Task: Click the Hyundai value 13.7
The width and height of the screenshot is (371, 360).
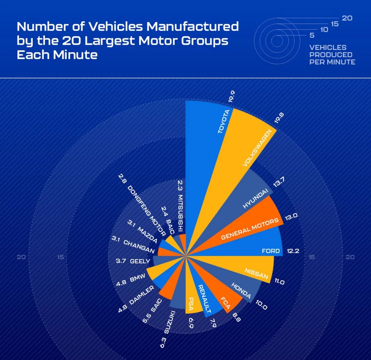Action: click(278, 182)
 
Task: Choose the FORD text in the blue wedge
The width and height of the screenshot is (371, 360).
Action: click(271, 251)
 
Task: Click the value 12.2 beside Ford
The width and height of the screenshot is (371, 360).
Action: click(292, 251)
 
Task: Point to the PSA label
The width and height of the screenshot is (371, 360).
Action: click(191, 303)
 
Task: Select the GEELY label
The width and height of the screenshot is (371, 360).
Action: click(140, 261)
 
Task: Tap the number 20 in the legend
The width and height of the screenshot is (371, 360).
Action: click(347, 18)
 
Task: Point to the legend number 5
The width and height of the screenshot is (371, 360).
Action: click(312, 35)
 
